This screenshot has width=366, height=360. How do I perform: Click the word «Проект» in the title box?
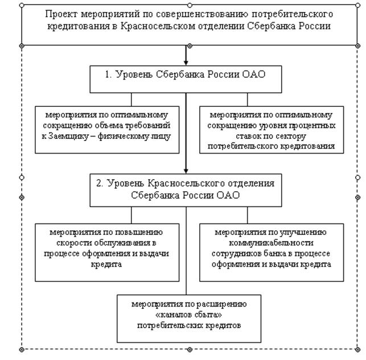click(61, 14)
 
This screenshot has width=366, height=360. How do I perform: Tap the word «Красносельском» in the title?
click(158, 26)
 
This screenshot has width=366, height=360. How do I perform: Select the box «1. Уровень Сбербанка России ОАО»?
click(186, 79)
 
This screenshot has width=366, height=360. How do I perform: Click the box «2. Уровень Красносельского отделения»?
click(186, 191)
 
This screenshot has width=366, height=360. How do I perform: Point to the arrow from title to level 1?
click(186, 56)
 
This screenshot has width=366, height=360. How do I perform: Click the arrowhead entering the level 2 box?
click(186, 171)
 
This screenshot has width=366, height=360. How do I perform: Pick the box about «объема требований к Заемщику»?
click(107, 130)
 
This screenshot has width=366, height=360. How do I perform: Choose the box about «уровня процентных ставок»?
click(272, 130)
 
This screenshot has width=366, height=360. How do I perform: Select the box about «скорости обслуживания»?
click(107, 253)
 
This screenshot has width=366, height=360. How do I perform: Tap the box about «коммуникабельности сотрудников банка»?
click(272, 253)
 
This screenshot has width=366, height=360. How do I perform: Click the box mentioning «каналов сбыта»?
click(189, 318)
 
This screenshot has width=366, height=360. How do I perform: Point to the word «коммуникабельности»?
click(271, 243)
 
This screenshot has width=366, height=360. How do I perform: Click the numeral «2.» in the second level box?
click(100, 183)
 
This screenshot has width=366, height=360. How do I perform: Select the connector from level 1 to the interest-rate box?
click(248, 100)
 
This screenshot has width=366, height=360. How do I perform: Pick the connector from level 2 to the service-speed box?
click(131, 216)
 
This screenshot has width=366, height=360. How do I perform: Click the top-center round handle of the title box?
click(190, 5)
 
